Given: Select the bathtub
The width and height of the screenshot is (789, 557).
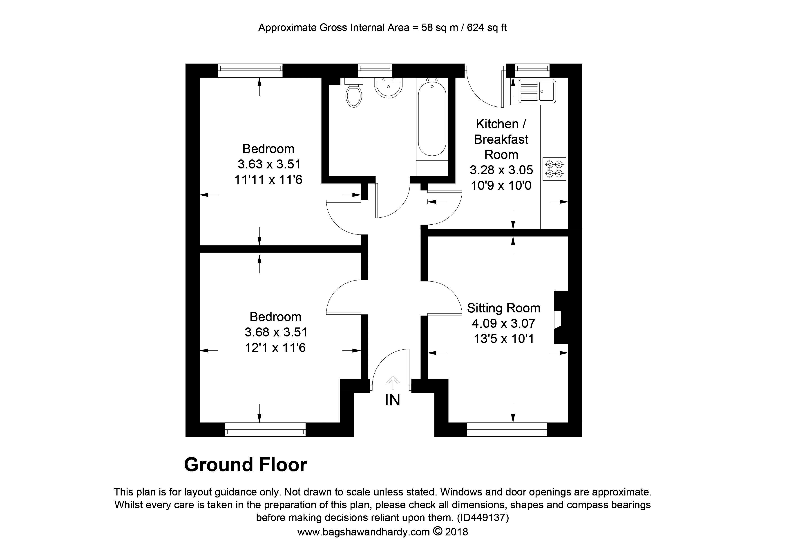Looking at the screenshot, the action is (432, 118).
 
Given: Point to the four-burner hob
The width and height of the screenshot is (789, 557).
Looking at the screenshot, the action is (554, 169).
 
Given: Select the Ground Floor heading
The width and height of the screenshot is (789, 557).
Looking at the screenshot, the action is (245, 465).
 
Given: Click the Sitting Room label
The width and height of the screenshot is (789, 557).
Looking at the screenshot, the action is (503, 308).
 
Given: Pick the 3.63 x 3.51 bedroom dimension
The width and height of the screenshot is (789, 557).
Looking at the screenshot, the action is (269, 164).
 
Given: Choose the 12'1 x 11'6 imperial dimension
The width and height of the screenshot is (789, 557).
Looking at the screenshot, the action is (275, 348).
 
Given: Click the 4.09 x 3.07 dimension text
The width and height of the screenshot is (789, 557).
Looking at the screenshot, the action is (503, 323).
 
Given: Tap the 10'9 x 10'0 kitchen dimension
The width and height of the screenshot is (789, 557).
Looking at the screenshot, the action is (501, 186).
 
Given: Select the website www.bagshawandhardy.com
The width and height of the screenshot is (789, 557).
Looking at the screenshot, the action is (363, 532).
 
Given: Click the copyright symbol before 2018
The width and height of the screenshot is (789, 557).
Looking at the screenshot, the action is (437, 531).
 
